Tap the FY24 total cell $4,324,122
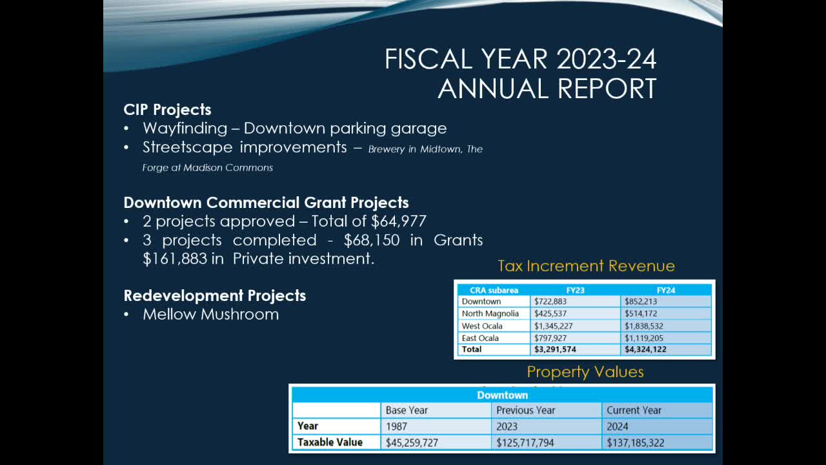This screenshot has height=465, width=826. coord(645,349)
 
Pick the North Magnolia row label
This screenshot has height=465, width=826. coord(490,314)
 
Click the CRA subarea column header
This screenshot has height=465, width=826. coord(494,290)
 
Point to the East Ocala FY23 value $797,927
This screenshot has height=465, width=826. coord(553,338)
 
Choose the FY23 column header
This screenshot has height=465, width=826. coord(575,290)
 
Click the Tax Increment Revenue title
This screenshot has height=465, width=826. coord(586,266)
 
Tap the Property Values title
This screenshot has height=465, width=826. coord(585,372)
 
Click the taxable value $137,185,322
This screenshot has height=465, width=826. coord(635,443)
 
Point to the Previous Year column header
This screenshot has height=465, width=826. coord(525,410)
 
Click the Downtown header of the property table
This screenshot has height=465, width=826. coord(502,395)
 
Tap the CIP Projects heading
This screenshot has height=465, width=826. coord(167,110)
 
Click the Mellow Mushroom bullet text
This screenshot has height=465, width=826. coord(210,315)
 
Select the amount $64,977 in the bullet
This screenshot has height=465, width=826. coord(399,222)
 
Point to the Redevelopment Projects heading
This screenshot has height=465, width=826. coord(214,296)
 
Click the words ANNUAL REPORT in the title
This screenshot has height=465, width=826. coord(547,88)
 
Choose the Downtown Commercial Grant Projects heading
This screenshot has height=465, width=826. coord(266,203)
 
